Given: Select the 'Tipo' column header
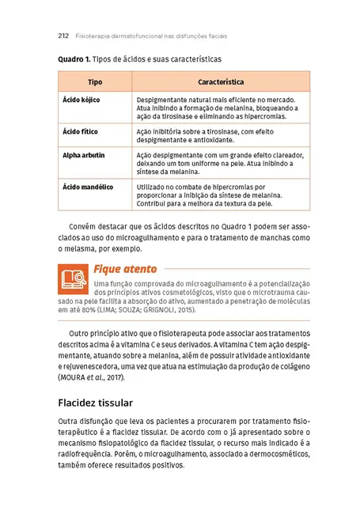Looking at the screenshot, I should (94, 82).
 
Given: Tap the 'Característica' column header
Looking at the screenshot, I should (220, 82).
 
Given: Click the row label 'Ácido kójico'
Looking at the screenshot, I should (81, 100).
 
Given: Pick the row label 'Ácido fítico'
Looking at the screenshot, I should (80, 130).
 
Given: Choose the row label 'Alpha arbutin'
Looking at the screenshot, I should (83, 155).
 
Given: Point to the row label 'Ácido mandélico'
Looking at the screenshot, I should (88, 187).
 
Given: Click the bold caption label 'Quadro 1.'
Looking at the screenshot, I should (74, 59).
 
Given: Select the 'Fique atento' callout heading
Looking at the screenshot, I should (125, 268).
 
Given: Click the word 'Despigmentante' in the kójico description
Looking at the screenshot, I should (161, 100).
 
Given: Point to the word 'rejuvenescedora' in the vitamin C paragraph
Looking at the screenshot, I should (93, 366).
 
